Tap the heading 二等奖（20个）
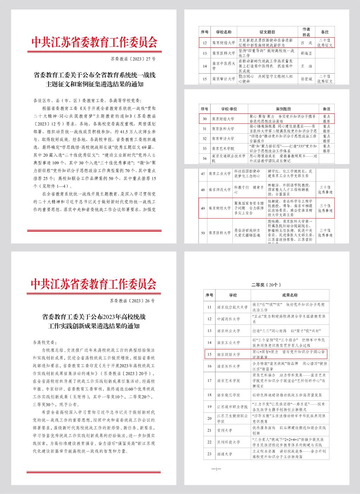tap(266, 285)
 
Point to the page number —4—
tap(215, 469)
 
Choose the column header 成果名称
tap(290, 295)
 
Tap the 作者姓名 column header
tap(306, 32)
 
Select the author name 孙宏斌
tap(306, 79)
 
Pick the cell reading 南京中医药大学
tap(224, 66)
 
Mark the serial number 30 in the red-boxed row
tap(204, 119)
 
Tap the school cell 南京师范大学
tap(220, 190)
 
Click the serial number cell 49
tap(203, 208)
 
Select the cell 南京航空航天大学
tap(232, 307)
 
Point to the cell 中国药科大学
tap(228, 319)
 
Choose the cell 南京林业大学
tap(228, 331)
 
